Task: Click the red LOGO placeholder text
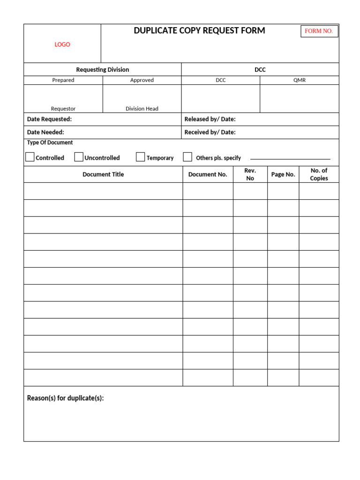[62, 45]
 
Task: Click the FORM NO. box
[319, 31]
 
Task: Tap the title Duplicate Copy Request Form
[199, 30]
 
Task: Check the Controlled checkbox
[30, 157]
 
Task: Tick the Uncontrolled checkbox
[79, 157]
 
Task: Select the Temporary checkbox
[140, 157]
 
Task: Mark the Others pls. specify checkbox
[187, 157]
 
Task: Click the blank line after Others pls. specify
[290, 158]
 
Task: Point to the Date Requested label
[49, 119]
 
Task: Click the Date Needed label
[45, 132]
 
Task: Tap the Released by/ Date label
[210, 119]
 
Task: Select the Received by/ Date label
[210, 132]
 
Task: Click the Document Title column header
[103, 174]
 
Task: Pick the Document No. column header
[208, 174]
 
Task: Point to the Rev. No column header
[250, 174]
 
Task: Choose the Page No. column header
[283, 174]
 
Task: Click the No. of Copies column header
[319, 174]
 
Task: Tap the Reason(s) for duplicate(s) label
[66, 398]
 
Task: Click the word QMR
[300, 80]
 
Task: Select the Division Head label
[142, 109]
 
